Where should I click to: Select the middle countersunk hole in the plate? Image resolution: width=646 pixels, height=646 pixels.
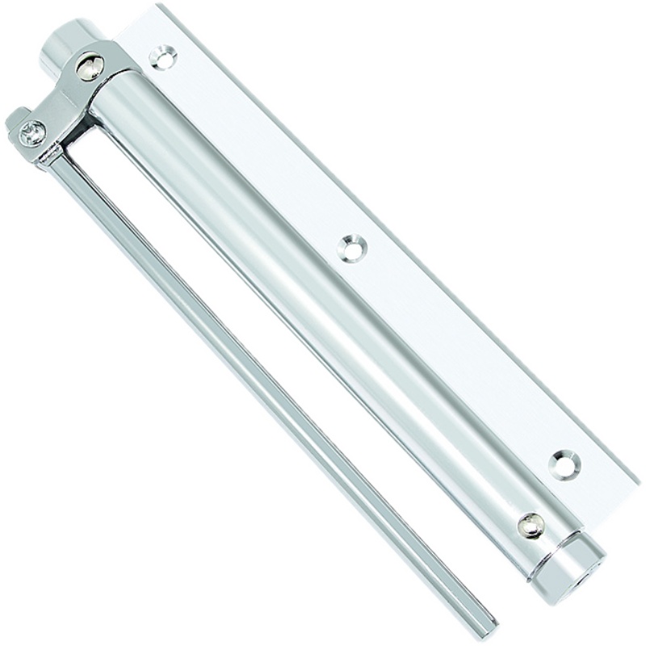(x=352, y=247)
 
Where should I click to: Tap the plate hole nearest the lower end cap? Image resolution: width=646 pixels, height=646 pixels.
(x=564, y=464)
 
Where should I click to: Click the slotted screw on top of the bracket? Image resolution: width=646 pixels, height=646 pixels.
(x=90, y=65)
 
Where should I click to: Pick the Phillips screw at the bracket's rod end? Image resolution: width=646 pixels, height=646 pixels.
(x=32, y=132)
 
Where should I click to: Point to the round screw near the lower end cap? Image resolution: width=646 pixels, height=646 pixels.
(x=531, y=526)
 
